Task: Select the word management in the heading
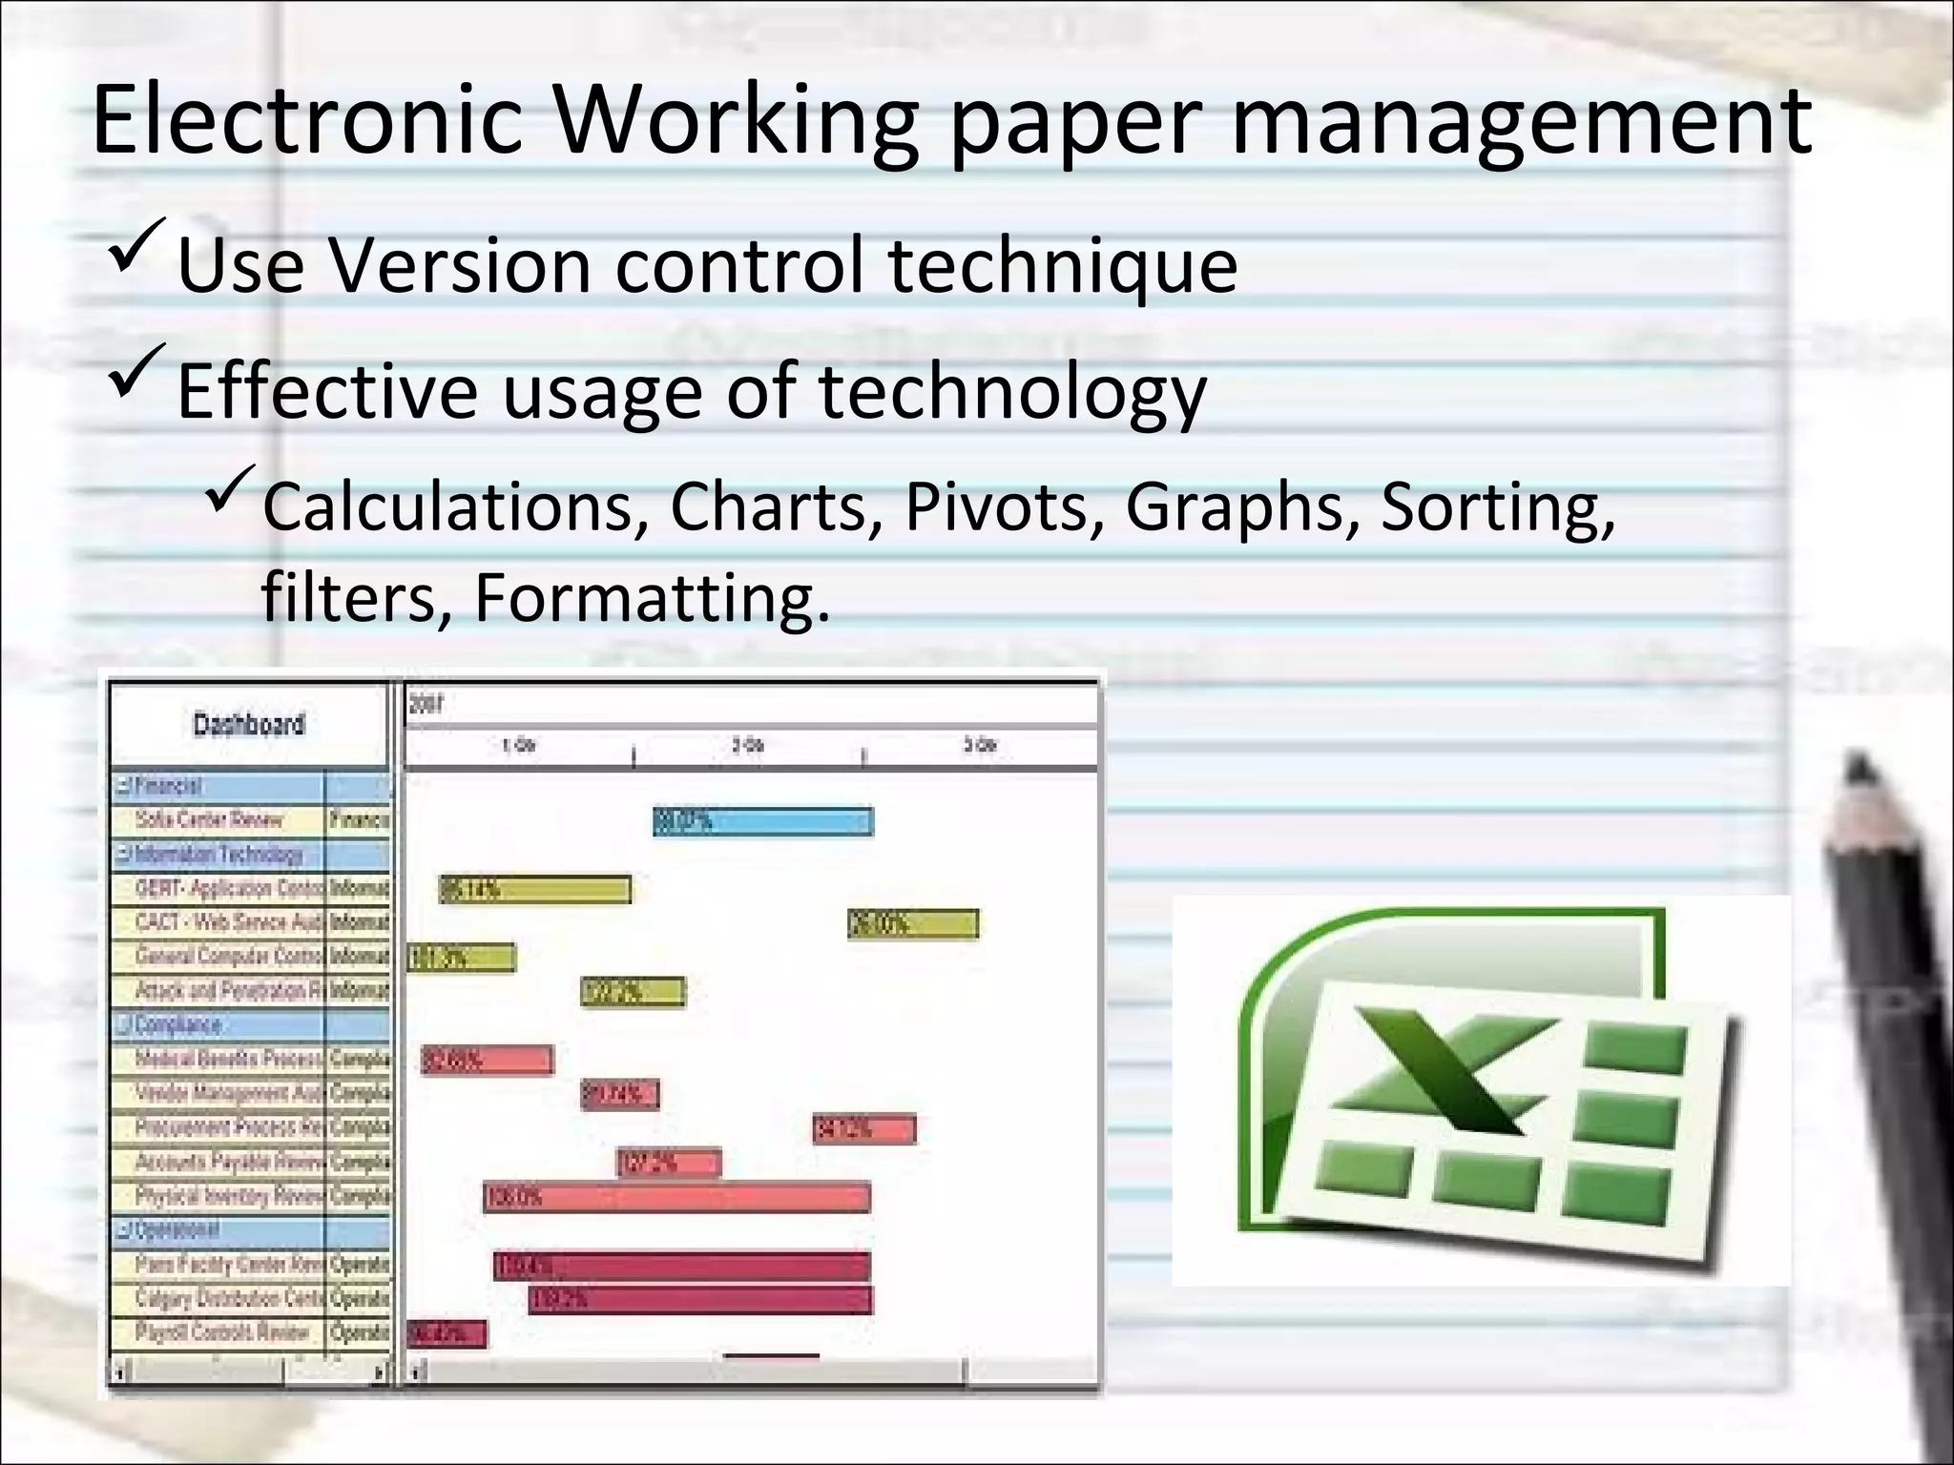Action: point(1521,121)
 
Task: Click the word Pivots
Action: point(996,506)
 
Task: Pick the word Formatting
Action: point(652,597)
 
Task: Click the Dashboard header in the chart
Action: point(249,724)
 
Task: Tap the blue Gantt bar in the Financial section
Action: point(762,821)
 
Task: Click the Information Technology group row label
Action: point(219,855)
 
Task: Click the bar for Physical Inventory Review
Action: point(676,1197)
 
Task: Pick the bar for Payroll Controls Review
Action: point(447,1333)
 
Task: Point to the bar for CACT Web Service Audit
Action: point(913,923)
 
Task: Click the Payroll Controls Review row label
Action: point(221,1332)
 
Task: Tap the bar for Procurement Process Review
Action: point(864,1129)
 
